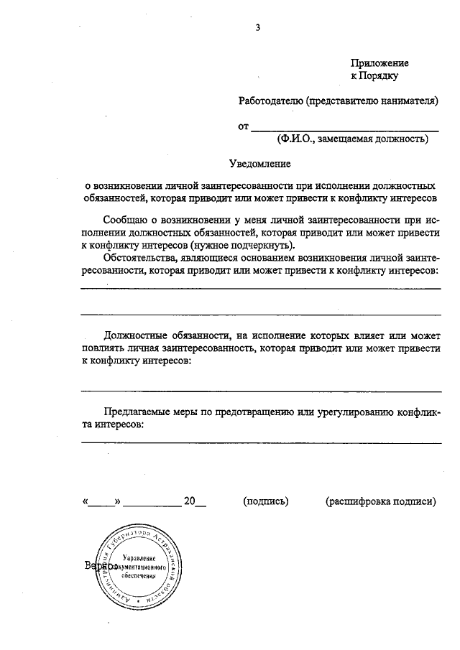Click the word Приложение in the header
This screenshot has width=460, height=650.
379,63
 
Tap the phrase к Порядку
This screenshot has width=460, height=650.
374,75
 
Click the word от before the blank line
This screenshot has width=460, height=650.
243,126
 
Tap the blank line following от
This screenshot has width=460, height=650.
345,129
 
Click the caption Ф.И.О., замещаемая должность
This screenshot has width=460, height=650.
352,139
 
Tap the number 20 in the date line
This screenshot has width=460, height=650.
190,501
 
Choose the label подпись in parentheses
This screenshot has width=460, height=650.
266,501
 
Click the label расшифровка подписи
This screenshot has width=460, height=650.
380,501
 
